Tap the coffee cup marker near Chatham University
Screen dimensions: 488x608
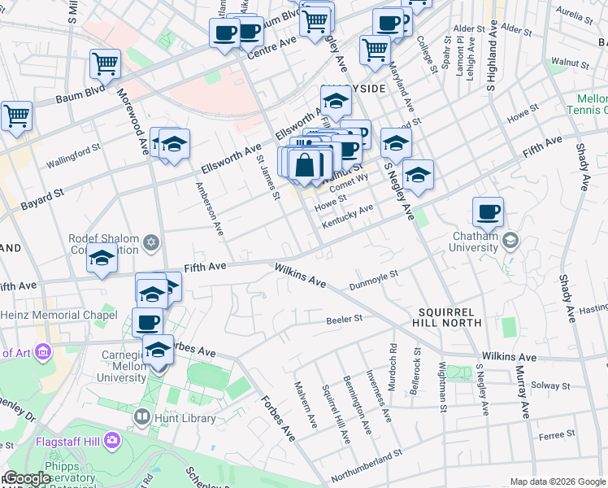[488, 213]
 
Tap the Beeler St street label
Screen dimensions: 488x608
[343, 320]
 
